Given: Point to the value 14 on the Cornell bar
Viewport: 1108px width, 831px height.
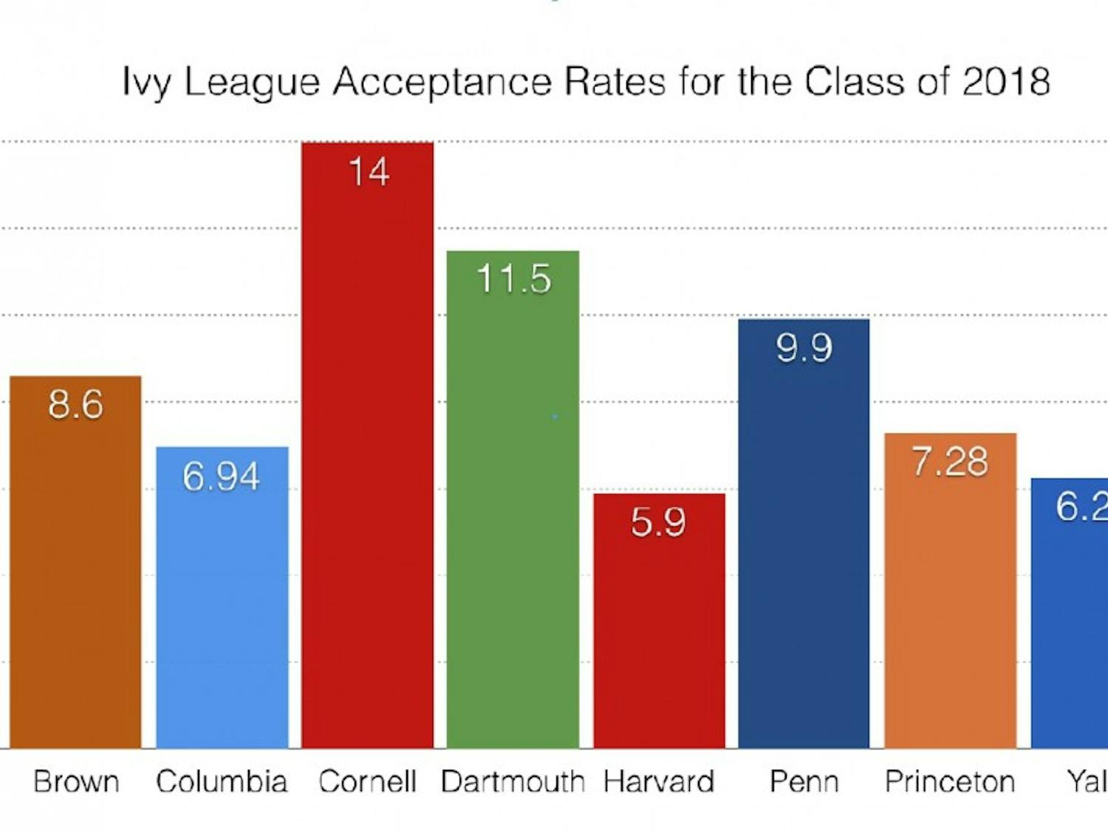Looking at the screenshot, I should tap(368, 172).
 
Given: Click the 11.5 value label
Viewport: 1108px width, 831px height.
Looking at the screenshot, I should tap(513, 279).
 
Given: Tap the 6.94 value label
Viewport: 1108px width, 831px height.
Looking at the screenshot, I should tap(221, 476).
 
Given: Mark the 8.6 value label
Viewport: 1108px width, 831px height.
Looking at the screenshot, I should tap(75, 405).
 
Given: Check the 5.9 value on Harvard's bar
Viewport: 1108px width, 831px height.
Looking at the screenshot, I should tap(658, 522).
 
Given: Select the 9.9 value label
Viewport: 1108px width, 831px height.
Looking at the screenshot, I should tap(804, 347).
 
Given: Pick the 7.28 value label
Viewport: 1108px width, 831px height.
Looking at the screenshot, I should tap(949, 462).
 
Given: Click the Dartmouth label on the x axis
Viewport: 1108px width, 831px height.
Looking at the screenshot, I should tap(513, 782).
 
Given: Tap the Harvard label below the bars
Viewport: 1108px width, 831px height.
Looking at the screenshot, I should tap(659, 782).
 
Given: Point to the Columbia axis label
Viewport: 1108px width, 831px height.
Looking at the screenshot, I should tap(222, 782).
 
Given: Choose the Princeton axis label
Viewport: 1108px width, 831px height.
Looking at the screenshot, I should tap(950, 782).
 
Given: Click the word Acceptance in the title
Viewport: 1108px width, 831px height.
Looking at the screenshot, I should tap(442, 81).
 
